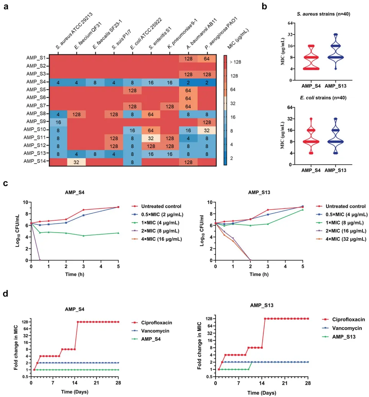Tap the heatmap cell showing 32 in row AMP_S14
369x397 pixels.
[76, 162]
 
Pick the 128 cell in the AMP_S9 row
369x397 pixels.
[207, 122]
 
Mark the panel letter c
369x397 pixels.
[6, 184]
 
